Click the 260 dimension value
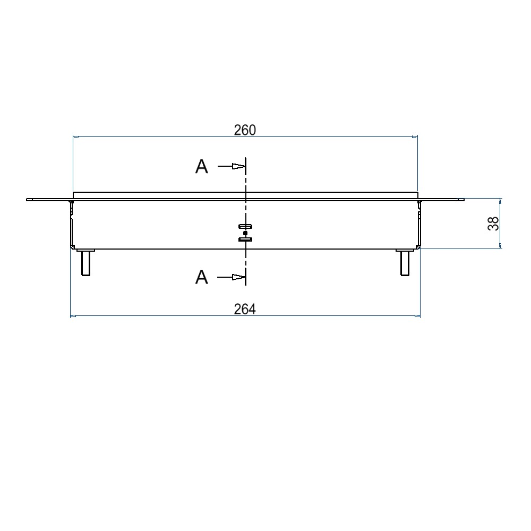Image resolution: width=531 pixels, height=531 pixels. point(245,130)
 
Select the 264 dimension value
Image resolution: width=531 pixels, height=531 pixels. point(245,309)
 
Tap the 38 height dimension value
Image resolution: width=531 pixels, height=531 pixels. point(493,224)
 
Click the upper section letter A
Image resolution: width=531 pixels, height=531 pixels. point(202,167)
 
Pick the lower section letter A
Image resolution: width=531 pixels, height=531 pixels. point(202,277)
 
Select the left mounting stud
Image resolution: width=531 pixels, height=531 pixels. point(85,262)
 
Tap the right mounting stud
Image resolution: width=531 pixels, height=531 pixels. point(405,262)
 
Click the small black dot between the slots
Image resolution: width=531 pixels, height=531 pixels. point(245,233)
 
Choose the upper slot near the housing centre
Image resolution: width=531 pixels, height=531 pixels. point(245,227)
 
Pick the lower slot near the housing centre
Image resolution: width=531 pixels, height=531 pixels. point(245,239)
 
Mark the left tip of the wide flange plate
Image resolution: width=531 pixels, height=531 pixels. point(28,200)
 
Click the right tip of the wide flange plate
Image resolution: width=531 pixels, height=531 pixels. point(463,200)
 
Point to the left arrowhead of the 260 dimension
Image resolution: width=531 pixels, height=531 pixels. point(76,137)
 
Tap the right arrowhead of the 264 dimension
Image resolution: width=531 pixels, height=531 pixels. point(417,316)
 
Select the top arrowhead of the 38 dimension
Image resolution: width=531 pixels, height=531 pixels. point(500,201)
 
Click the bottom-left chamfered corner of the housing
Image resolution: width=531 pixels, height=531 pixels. point(73,246)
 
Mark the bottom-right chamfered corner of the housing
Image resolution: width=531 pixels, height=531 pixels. point(418,246)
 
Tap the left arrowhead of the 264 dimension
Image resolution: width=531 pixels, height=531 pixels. point(74,316)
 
